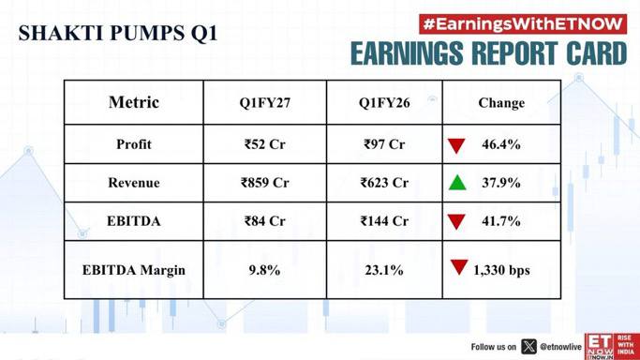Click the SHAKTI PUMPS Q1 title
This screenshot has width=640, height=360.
point(118,34)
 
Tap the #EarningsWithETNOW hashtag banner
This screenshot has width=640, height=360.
point(523,24)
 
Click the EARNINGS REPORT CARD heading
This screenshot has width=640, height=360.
point(488,53)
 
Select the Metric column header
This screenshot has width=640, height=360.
point(134,102)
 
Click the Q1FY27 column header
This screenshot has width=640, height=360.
point(265,103)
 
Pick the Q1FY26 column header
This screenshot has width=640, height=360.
point(384,103)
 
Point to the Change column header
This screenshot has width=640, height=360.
point(501,103)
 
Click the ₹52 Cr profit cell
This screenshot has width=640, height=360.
point(265,144)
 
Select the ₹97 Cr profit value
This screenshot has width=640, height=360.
point(384,144)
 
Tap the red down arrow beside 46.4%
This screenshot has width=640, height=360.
point(456,145)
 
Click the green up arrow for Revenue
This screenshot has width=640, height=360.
point(457,183)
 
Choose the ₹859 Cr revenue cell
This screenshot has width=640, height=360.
point(265,183)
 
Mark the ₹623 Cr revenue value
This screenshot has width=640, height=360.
point(384,183)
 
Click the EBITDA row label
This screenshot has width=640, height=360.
point(134,221)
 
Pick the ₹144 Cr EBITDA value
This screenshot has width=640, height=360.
point(384,221)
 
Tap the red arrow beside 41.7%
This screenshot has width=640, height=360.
point(456,222)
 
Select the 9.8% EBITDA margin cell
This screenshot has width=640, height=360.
point(264,270)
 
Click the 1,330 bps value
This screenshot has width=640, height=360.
point(501,270)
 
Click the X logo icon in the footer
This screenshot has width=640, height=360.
point(529,347)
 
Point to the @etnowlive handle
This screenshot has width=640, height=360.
point(560,347)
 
